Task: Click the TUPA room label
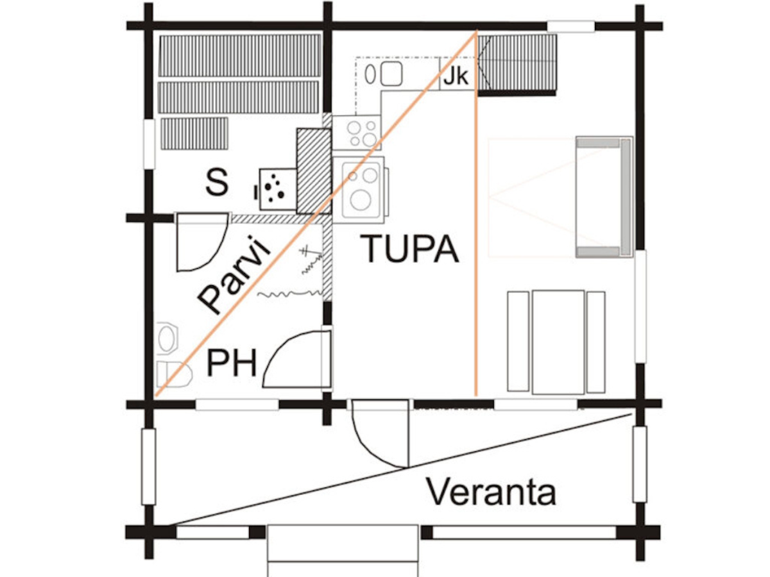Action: (x=411, y=249)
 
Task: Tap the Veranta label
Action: (x=491, y=492)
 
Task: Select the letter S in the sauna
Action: (x=216, y=183)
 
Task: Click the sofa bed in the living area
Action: (x=603, y=197)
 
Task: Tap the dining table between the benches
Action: (x=558, y=341)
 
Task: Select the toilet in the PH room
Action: (x=173, y=373)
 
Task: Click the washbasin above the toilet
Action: (x=167, y=337)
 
